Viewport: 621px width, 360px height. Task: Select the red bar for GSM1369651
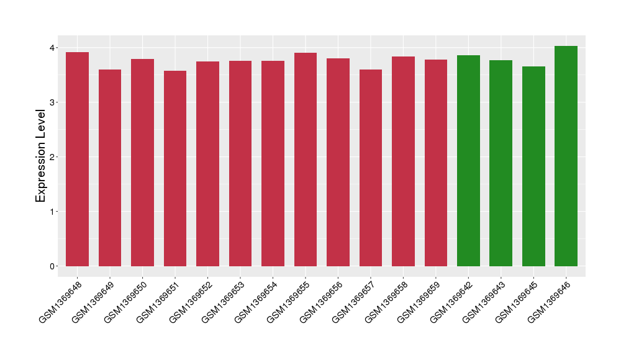pos(175,168)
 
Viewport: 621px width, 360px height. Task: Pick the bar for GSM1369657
pos(371,168)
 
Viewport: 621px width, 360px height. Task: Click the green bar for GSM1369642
pos(468,161)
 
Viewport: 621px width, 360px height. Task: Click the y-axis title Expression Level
pos(41,156)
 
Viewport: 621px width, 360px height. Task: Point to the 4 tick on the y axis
pos(53,48)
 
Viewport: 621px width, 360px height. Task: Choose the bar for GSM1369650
pos(142,163)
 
